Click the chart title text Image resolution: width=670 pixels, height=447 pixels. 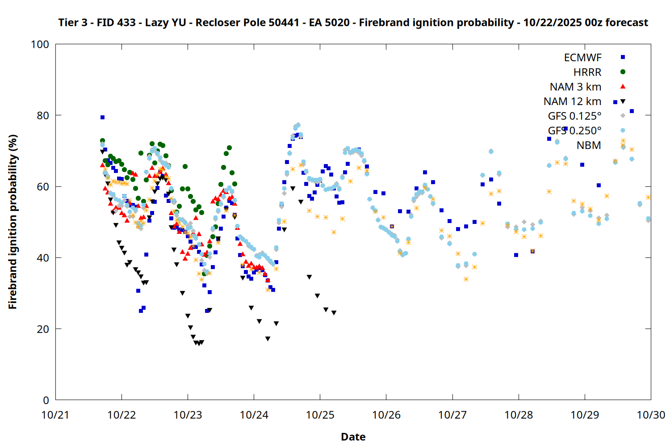pyautogui.click(x=353, y=22)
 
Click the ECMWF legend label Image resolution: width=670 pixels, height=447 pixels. pyautogui.click(x=582, y=58)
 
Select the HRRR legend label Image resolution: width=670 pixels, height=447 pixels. pyautogui.click(x=587, y=72)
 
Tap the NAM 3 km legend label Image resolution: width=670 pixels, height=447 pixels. pyautogui.click(x=575, y=87)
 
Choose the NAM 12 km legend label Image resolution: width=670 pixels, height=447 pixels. pyautogui.click(x=572, y=101)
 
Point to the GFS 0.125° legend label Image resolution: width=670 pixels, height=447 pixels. pyautogui.click(x=574, y=116)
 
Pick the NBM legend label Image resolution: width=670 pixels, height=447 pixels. pyautogui.click(x=589, y=145)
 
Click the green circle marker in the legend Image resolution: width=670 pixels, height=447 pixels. pyautogui.click(x=623, y=72)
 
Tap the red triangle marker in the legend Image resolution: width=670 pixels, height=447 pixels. pyautogui.click(x=623, y=86)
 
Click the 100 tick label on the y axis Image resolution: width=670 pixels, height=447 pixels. pyautogui.click(x=40, y=44)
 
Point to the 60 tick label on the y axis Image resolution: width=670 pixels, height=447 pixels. pyautogui.click(x=43, y=186)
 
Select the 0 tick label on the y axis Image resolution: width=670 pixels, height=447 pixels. pyautogui.click(x=46, y=400)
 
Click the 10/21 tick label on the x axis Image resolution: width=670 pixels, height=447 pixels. pyautogui.click(x=55, y=415)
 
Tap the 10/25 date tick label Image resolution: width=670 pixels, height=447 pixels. pyautogui.click(x=320, y=415)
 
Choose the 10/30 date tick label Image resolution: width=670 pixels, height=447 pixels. pyautogui.click(x=651, y=415)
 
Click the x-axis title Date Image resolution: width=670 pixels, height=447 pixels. pyautogui.click(x=353, y=437)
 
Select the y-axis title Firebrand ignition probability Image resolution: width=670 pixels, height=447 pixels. pyautogui.click(x=13, y=222)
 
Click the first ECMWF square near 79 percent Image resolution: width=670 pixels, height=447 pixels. pyautogui.click(x=102, y=117)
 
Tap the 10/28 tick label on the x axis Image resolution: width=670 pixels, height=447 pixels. pyautogui.click(x=519, y=415)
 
